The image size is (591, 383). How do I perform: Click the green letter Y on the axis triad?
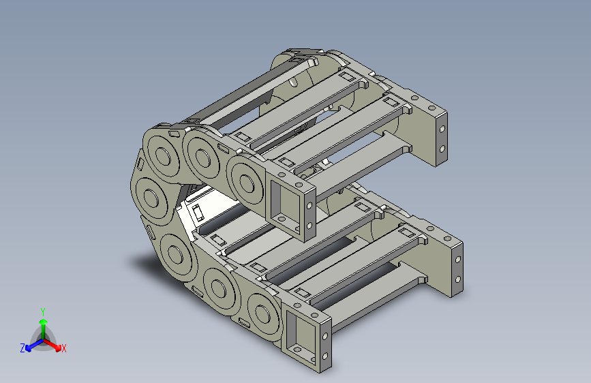pos(43,311)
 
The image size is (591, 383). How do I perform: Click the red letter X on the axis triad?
pos(63,348)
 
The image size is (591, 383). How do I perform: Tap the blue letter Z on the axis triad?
pos(22,348)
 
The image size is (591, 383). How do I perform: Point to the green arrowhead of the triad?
pos(44,322)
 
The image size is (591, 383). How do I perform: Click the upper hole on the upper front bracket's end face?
pos(309,206)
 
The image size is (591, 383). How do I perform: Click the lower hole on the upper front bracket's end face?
pos(309,226)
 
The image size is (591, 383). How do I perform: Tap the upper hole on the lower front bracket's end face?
pos(325,335)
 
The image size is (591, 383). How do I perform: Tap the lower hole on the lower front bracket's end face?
pos(325,355)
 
